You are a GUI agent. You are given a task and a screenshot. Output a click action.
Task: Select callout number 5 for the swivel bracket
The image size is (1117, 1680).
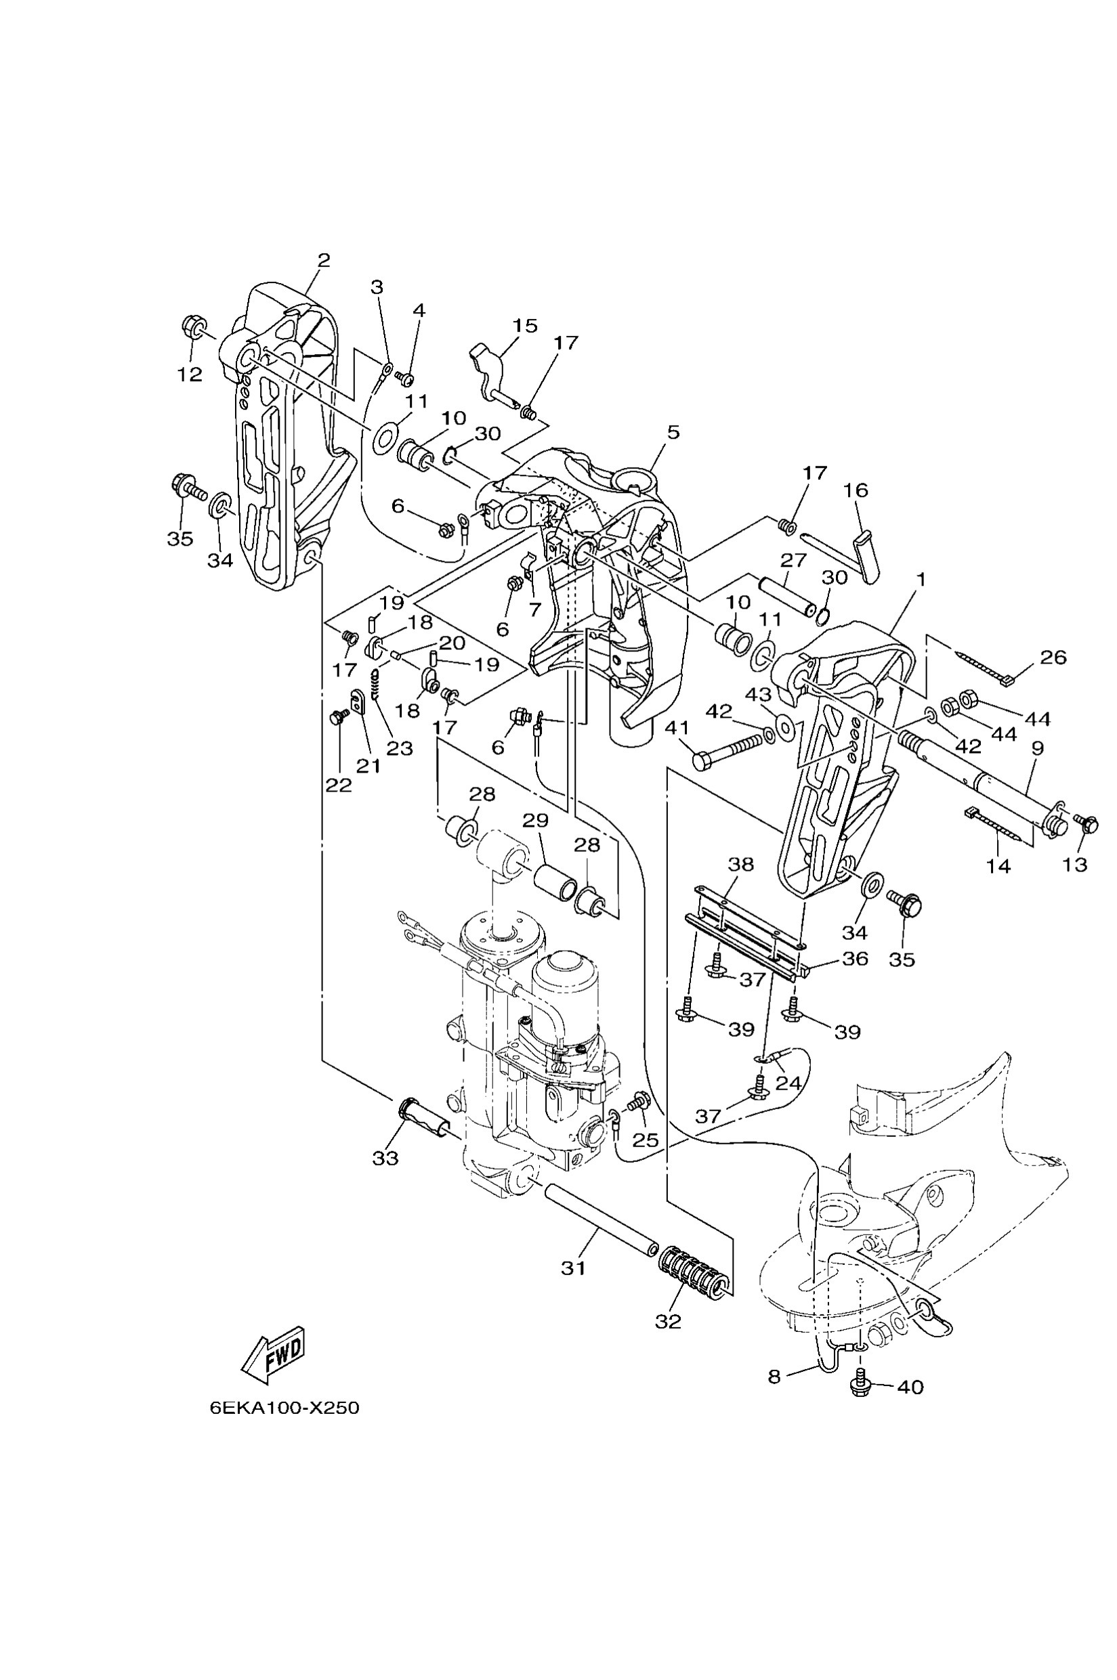(673, 432)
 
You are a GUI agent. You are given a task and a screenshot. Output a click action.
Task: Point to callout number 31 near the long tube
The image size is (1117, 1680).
(573, 1268)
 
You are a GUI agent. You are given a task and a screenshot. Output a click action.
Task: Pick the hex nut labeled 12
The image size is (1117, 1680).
(191, 328)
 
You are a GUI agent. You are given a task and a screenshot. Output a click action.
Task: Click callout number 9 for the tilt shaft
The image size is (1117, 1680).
(1037, 748)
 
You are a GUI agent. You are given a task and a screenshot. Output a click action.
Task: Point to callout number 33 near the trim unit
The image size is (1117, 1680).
(385, 1159)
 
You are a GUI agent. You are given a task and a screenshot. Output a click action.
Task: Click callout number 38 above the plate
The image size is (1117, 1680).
(740, 865)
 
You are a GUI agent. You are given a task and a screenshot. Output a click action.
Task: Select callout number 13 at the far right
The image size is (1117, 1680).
(1075, 865)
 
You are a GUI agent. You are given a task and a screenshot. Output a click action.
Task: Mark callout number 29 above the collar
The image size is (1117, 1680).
(535, 821)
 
